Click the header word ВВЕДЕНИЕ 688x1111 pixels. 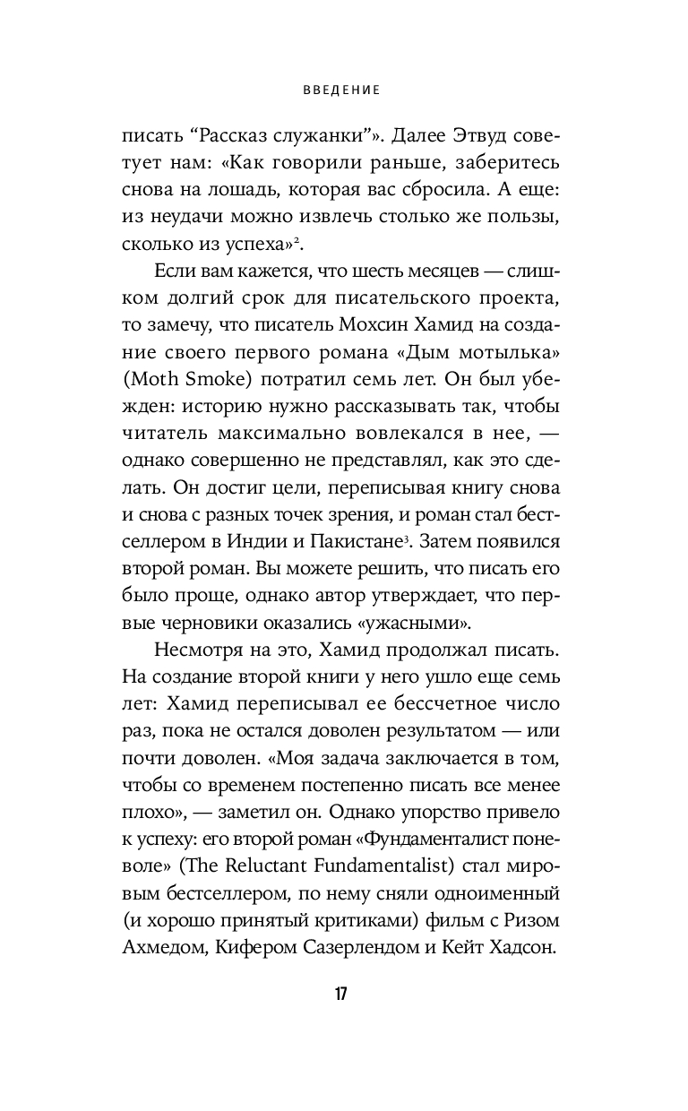point(344,90)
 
